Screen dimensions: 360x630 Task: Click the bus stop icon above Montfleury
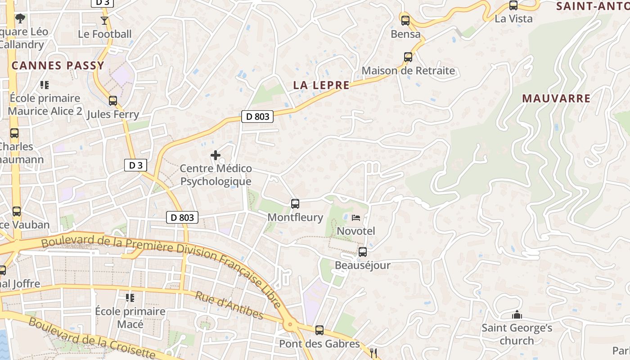coord(295,204)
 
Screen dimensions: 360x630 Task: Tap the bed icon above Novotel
coord(356,218)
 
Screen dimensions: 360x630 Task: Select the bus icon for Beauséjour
coord(363,252)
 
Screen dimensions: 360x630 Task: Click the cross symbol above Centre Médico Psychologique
coord(216,156)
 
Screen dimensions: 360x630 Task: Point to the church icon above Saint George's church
coord(517,315)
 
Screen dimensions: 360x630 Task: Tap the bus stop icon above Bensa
coord(405,21)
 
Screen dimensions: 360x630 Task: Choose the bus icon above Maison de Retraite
coord(408,57)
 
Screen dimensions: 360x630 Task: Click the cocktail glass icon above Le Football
coord(104,20)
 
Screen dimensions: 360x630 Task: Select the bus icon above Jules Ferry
coord(113,101)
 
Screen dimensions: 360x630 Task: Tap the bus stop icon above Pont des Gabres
coord(319,330)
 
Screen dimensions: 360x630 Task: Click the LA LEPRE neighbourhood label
coord(321,85)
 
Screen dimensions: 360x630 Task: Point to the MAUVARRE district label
coord(556,99)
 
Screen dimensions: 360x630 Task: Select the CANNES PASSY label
coord(58,66)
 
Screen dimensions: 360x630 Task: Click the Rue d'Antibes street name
coord(229,306)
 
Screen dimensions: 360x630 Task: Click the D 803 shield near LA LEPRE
coord(258,117)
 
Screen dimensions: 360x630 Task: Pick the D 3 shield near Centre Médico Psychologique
coord(135,165)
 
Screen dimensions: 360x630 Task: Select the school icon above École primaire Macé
coord(130,297)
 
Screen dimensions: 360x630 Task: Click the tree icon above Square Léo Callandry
coord(20,18)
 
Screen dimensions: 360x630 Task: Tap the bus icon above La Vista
coord(513,5)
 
